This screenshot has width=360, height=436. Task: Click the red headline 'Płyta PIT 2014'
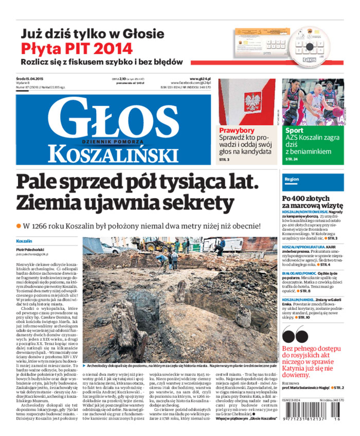pos(77,49)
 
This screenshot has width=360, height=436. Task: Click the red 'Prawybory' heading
pos(237,130)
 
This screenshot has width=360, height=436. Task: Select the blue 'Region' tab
pos(292,179)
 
